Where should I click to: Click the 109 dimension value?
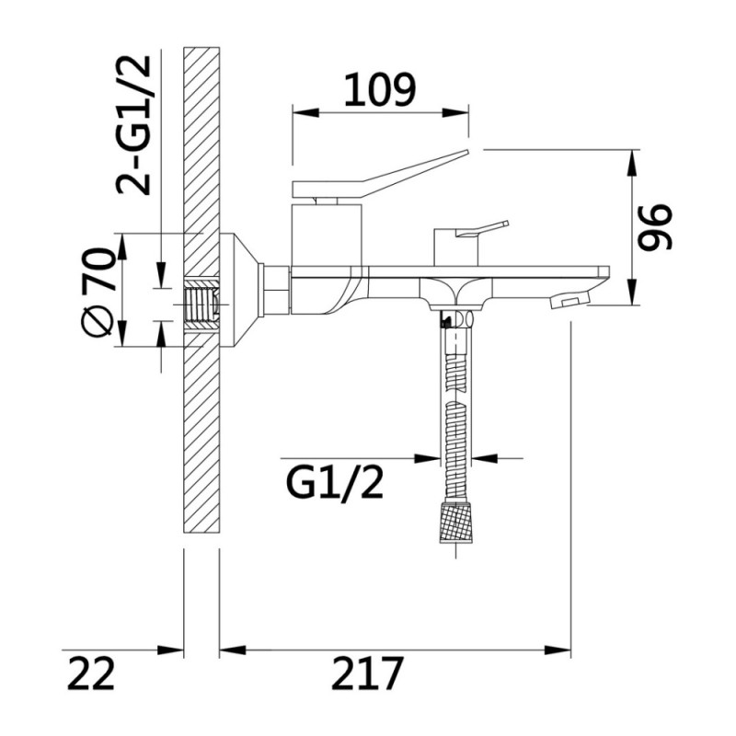[380, 88]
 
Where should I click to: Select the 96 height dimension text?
[655, 226]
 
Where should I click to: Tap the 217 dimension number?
[367, 673]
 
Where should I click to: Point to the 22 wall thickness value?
[91, 673]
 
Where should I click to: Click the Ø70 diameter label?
[98, 291]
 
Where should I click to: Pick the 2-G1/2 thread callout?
[133, 125]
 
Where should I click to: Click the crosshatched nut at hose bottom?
[455, 523]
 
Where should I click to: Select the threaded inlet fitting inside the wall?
[202, 305]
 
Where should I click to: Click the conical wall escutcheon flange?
[239, 291]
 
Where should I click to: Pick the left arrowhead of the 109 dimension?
[305, 112]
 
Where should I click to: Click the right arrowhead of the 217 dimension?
[558, 650]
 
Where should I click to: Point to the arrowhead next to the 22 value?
[170, 650]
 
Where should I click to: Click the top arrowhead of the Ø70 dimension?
[122, 247]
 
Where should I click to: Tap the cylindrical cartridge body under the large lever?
[327, 235]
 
